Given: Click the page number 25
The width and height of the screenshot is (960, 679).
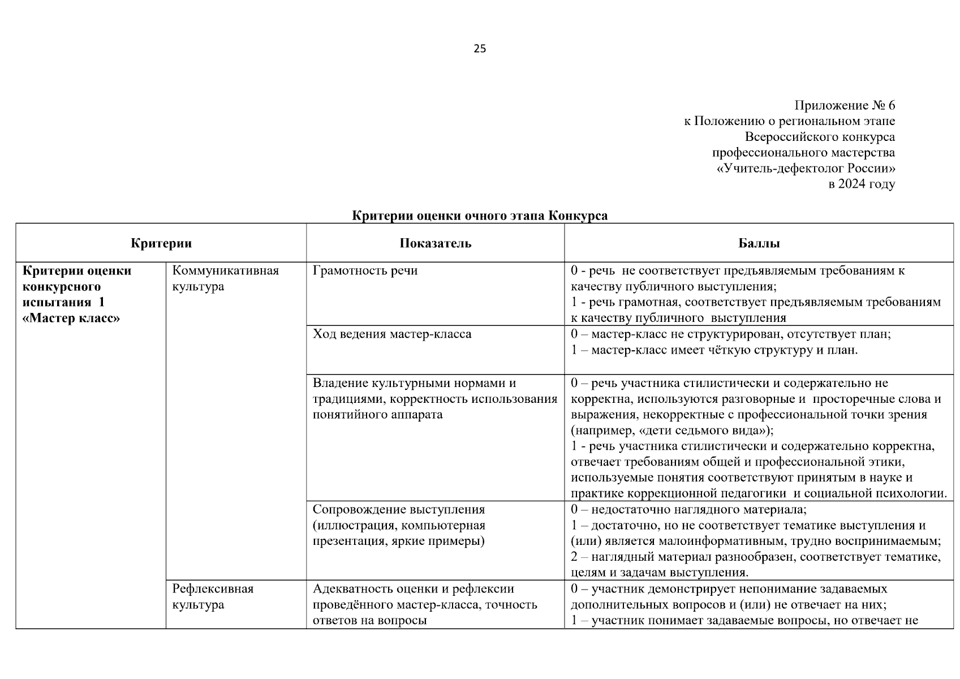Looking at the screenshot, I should (x=479, y=49).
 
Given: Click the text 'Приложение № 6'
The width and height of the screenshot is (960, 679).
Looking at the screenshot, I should (x=844, y=106).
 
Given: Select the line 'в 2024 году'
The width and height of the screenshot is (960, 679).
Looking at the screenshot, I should (x=861, y=184).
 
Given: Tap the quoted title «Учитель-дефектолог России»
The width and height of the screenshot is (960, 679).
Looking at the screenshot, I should (x=806, y=169).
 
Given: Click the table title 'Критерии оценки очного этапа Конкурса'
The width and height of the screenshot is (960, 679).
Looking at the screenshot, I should (x=480, y=216).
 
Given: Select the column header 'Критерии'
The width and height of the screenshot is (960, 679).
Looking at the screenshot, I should (x=161, y=243).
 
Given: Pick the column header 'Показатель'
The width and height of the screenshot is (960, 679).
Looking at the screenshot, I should (x=435, y=243).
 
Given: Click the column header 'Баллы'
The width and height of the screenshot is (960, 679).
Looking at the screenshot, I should (x=759, y=243).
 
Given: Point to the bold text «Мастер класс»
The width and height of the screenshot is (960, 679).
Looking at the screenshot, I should (x=71, y=318).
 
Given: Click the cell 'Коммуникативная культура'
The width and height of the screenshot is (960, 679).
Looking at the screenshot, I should (x=225, y=278).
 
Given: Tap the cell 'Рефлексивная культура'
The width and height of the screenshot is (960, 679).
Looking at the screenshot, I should (x=213, y=596).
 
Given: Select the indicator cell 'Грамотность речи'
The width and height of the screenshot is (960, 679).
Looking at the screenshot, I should (x=365, y=270).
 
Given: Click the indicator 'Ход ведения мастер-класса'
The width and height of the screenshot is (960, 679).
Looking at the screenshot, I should (x=392, y=334).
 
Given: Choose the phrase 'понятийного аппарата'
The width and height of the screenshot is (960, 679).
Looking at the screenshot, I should (x=377, y=415).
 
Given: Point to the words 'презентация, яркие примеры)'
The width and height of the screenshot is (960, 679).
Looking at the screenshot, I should (x=398, y=541).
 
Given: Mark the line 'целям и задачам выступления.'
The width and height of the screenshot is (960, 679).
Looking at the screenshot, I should (x=660, y=572).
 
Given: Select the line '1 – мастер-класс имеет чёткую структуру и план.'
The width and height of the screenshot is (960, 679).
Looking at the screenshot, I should (x=714, y=350).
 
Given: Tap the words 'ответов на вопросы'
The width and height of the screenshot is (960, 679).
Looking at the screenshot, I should (x=369, y=620).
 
